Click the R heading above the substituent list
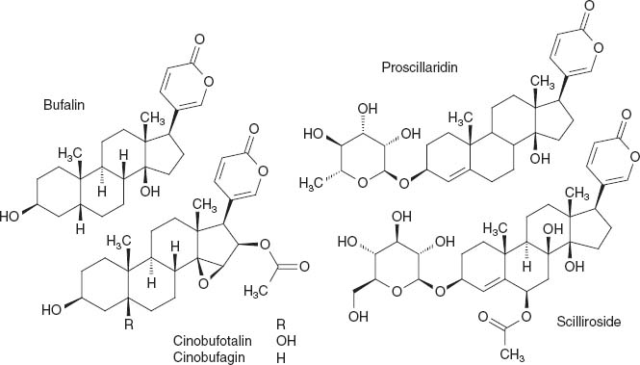pos(281,323)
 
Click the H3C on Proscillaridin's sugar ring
pos(319,180)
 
